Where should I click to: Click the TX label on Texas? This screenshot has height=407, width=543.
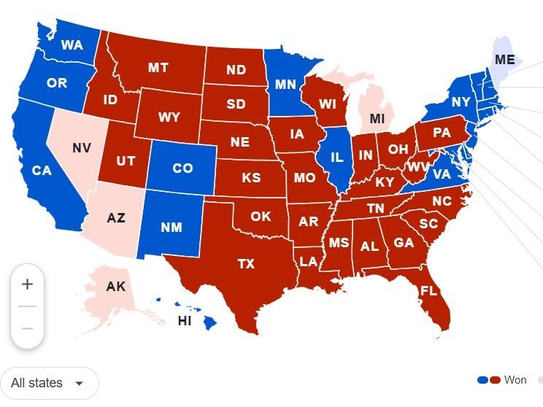[246, 264]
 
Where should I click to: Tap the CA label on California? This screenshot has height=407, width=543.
[41, 171]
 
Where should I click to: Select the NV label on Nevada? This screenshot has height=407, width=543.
[82, 148]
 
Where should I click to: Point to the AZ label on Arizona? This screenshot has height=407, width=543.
[115, 218]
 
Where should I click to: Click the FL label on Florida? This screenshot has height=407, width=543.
[428, 291]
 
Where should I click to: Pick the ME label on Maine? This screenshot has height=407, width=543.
[504, 59]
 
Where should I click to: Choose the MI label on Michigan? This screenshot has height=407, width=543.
[377, 118]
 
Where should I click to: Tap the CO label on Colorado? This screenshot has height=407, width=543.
[182, 168]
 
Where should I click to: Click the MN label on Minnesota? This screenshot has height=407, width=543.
[285, 84]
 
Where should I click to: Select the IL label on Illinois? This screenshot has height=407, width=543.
[336, 157]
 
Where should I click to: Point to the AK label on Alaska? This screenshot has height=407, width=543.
[115, 287]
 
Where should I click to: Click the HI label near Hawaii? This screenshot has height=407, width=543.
[185, 320]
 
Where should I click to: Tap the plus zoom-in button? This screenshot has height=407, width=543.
[27, 284]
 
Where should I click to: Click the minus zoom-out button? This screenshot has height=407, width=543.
[27, 328]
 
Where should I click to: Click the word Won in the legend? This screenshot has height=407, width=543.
[515, 380]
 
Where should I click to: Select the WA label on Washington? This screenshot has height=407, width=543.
[72, 45]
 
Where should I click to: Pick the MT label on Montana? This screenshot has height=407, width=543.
[158, 68]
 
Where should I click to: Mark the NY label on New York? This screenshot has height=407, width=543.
[461, 102]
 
